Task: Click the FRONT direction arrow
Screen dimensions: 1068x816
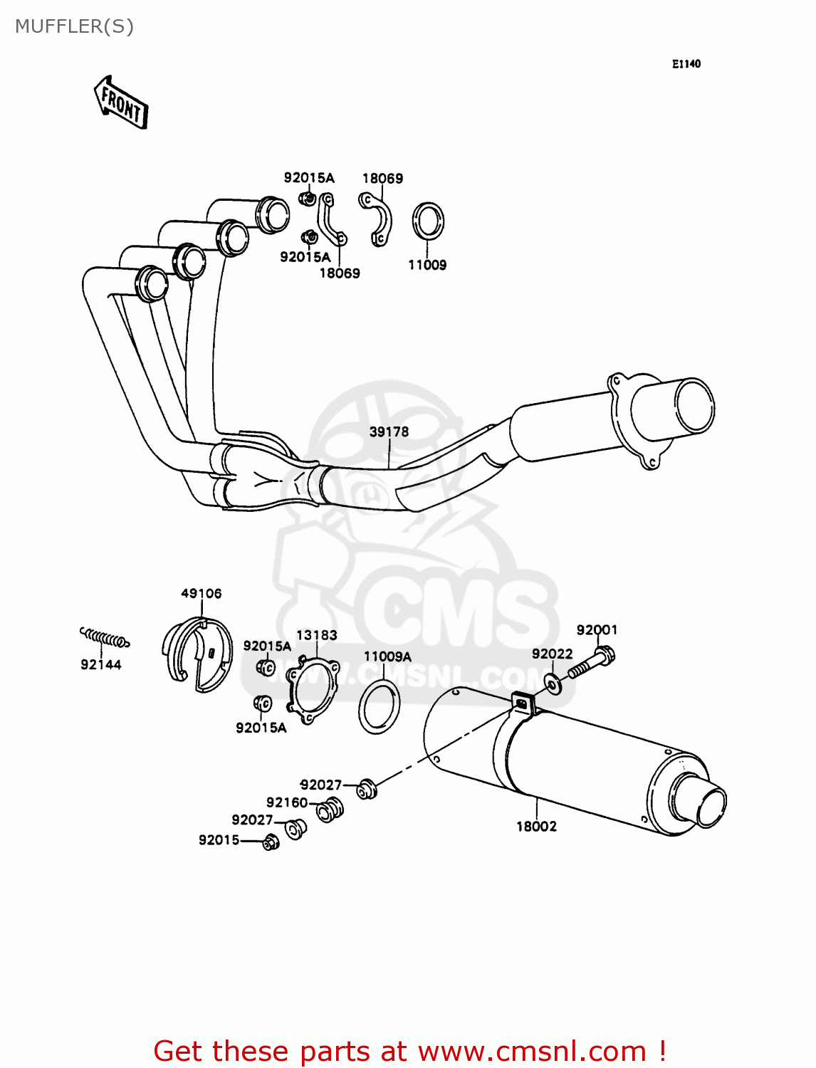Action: (x=121, y=103)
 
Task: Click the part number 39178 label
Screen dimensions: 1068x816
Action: (x=389, y=431)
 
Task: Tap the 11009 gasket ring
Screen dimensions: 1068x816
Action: (x=428, y=222)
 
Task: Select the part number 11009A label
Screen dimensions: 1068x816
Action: (x=387, y=656)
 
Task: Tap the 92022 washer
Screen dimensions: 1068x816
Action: (x=553, y=684)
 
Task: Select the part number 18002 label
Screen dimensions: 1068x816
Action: (x=536, y=826)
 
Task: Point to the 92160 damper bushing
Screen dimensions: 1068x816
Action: (x=330, y=810)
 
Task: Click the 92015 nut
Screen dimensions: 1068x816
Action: (x=271, y=842)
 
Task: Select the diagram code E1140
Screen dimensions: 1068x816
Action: (x=686, y=64)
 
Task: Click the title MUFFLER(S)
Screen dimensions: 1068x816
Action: (x=74, y=26)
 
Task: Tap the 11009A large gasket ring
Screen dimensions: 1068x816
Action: (x=379, y=706)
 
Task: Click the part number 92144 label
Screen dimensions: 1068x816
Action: (x=101, y=664)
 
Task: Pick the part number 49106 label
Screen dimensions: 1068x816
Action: (x=201, y=593)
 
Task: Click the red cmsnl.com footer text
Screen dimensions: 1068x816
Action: (x=409, y=1051)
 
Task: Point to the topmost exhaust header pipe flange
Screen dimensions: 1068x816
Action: (x=273, y=214)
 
